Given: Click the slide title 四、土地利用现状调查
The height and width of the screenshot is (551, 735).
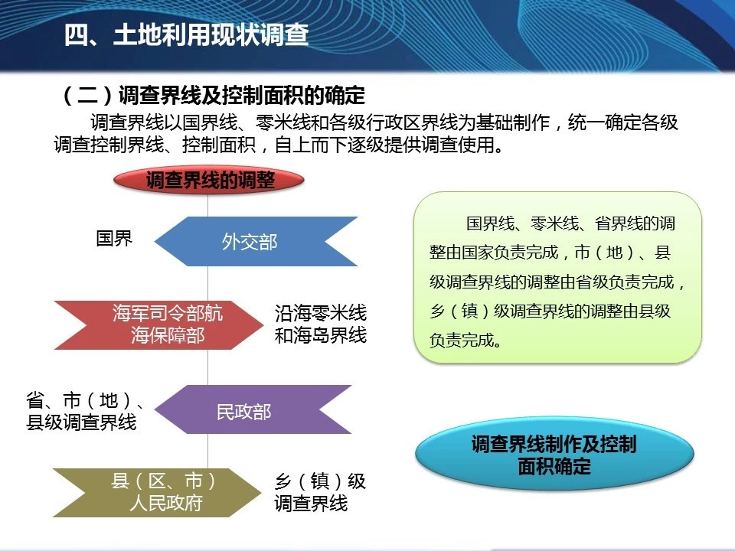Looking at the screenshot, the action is (186, 34).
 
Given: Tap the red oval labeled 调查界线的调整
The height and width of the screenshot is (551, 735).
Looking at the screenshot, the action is (208, 181).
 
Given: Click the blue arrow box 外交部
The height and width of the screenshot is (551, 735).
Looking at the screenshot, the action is (256, 241).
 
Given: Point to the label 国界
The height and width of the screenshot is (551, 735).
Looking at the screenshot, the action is (114, 238).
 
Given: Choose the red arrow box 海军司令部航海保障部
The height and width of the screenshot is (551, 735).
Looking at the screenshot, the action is (158, 324).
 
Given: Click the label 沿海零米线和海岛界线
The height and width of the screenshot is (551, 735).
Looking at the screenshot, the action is (321, 324).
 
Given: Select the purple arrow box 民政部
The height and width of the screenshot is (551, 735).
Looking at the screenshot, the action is (253, 409).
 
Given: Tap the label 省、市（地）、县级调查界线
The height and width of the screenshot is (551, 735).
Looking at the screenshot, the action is (84, 412).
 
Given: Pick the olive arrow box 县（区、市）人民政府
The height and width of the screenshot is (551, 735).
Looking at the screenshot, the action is (156, 492).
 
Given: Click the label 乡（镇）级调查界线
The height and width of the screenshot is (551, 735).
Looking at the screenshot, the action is (320, 492).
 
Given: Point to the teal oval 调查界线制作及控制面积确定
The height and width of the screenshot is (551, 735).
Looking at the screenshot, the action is (554, 454).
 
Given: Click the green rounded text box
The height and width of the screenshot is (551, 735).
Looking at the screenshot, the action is (557, 277).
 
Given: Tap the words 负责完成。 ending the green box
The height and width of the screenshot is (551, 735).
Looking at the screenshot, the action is (465, 340).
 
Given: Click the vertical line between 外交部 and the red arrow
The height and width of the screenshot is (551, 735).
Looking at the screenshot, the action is (207, 283).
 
